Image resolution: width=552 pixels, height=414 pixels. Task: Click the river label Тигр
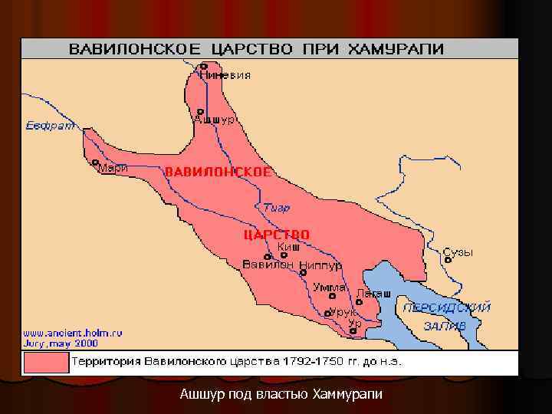[x=276, y=208]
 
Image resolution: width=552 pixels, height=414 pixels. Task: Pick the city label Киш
[x=288, y=246]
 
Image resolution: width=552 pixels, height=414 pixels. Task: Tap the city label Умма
[x=330, y=287]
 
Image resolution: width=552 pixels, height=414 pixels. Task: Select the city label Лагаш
[x=373, y=294]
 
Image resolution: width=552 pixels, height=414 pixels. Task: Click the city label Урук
[x=342, y=312]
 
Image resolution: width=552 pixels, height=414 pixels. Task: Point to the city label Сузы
[x=458, y=252]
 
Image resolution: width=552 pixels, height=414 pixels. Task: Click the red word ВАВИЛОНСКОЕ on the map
[x=218, y=172]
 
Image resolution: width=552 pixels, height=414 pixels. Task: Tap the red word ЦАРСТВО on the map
[x=276, y=234]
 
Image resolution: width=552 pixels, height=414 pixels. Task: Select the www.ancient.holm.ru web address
[x=72, y=333]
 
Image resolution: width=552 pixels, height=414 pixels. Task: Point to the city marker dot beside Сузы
[x=450, y=260]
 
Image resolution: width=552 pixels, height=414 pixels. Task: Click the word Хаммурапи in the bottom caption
[x=347, y=395]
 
